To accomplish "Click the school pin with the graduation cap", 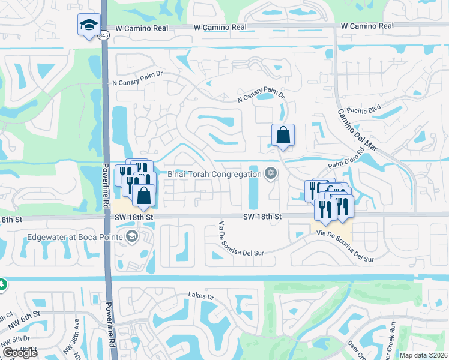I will point(88,25).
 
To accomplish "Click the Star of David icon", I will point(271,173).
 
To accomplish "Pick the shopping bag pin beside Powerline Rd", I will point(144,196).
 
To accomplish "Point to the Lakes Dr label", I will point(201,296).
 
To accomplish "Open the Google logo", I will point(20,352).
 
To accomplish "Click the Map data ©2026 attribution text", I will point(423,355).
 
